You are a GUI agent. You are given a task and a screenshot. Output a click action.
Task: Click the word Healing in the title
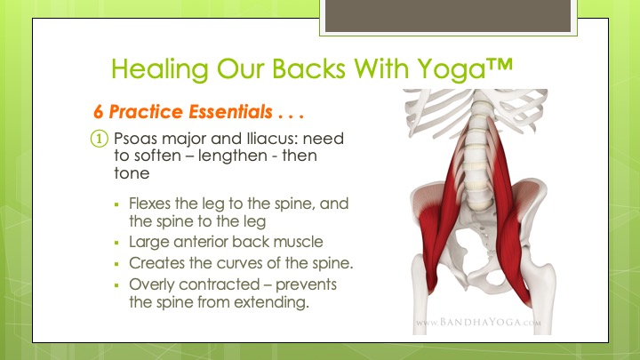click(x=160, y=69)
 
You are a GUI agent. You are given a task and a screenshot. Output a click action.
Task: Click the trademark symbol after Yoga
click(x=500, y=65)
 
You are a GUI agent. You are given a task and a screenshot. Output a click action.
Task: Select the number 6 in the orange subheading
click(x=98, y=112)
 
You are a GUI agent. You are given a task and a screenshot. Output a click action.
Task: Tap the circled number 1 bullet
click(x=100, y=139)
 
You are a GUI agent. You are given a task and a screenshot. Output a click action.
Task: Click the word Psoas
click(x=135, y=139)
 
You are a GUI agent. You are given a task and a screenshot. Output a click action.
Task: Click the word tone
click(x=132, y=173)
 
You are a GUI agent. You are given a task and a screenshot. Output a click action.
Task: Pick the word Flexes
click(x=150, y=204)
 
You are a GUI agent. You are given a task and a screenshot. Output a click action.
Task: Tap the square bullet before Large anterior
click(x=116, y=243)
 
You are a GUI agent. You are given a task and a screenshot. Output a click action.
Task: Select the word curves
click(x=240, y=263)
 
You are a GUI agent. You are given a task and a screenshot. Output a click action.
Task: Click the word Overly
click(x=152, y=285)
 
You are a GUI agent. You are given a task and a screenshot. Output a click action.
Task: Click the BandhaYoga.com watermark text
click(x=479, y=323)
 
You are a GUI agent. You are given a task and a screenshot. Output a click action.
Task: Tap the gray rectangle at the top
click(x=448, y=15)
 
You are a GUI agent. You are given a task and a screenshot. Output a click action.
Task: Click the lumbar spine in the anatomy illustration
click(x=477, y=159)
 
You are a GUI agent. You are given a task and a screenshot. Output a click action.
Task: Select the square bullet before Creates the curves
click(x=116, y=264)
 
